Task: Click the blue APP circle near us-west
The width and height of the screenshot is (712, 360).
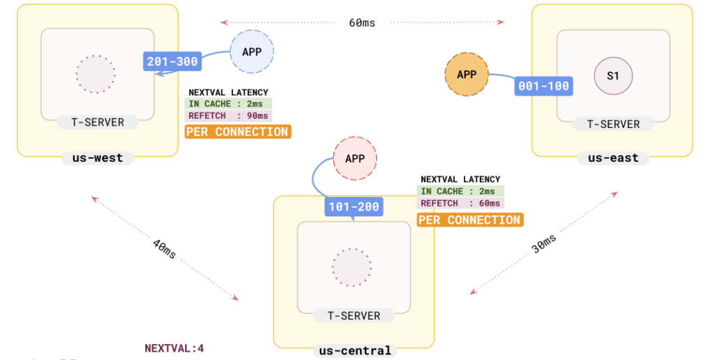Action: click(252, 52)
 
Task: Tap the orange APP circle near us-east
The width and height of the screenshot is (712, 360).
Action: click(467, 74)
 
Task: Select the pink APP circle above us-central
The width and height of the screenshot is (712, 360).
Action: click(355, 158)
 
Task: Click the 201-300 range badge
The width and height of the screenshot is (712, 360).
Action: click(172, 62)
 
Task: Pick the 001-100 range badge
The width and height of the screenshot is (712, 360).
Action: click(544, 86)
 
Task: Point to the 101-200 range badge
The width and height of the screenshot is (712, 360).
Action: click(353, 206)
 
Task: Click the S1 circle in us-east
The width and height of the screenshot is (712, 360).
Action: click(613, 76)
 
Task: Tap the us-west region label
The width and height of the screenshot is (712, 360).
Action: click(97, 158)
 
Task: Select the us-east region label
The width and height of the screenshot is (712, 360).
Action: click(613, 158)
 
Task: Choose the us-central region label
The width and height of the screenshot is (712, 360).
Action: click(355, 350)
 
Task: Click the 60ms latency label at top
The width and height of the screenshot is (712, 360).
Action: click(362, 23)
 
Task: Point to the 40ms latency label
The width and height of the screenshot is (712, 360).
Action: click(164, 248)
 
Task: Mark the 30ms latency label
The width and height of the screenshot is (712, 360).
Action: click(544, 243)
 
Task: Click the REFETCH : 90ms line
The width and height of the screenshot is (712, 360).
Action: click(229, 115)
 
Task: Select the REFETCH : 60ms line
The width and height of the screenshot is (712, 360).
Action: click(460, 203)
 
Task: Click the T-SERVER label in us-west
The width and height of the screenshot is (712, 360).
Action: click(98, 122)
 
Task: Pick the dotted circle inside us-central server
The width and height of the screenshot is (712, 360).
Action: click(352, 266)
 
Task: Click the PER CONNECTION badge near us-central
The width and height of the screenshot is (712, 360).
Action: click(469, 220)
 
